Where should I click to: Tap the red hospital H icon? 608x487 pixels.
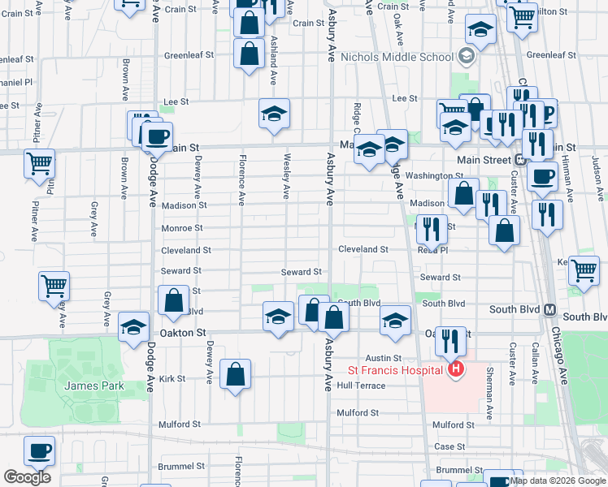456,370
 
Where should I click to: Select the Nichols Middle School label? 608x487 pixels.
397,57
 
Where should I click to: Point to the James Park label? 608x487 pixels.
94,386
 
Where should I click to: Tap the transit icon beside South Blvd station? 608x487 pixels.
549,309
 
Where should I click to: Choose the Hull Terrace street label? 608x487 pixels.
361,386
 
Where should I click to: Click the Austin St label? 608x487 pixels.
384,358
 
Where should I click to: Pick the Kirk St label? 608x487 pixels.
172,378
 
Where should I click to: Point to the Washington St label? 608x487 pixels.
434,176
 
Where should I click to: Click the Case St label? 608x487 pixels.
449,446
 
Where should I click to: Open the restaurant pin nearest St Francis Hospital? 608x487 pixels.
450,339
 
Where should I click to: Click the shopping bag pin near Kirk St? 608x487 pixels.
235,374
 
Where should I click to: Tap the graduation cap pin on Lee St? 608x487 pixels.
275,113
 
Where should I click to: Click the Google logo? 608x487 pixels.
27,477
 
